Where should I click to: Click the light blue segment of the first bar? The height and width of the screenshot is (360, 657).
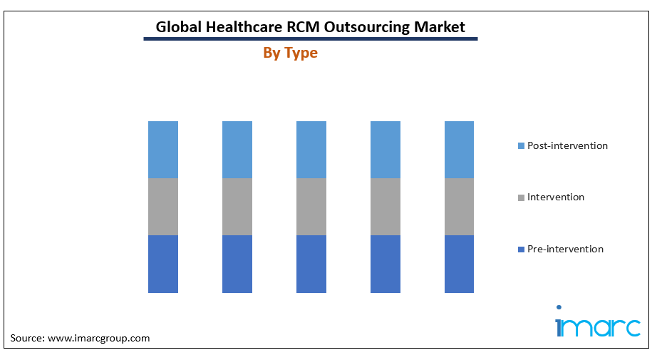[x=163, y=149]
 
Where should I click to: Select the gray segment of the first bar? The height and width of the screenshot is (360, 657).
[x=163, y=206]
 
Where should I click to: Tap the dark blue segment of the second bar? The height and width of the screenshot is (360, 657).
[x=237, y=264]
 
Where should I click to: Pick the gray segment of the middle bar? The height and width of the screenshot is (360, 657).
[x=311, y=206]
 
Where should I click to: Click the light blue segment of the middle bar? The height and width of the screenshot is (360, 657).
[x=311, y=149]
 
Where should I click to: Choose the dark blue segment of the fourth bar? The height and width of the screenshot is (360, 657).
[x=386, y=264]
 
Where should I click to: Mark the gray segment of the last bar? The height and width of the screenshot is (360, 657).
[x=459, y=206]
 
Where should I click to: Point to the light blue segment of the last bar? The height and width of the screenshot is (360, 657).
[x=459, y=149]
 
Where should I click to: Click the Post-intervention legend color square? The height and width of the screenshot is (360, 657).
[x=522, y=146]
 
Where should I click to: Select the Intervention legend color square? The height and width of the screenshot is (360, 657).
[x=522, y=197]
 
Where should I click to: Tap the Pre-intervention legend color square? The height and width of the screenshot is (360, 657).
[x=522, y=250]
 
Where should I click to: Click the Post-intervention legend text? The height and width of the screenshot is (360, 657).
[x=567, y=145]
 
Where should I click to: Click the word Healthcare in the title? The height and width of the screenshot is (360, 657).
[x=244, y=27]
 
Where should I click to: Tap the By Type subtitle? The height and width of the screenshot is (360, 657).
[x=290, y=53]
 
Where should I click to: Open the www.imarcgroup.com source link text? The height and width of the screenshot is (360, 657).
[x=98, y=338]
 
